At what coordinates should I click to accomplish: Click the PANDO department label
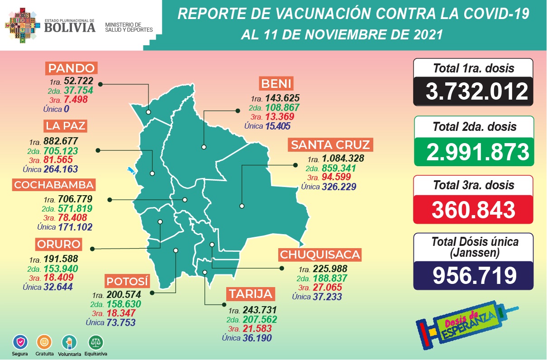pos(71,69)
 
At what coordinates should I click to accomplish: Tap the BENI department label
pos(276,84)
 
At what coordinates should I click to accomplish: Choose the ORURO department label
pos(59,245)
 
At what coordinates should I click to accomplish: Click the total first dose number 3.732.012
pos(473,91)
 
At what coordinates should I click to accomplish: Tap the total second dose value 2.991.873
pos(473,151)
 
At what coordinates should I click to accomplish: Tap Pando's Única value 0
pos(66,109)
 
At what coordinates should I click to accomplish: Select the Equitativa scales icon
pos(95,341)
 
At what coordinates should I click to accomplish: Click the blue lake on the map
pos(132,171)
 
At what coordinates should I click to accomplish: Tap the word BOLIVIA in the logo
pos(70,28)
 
